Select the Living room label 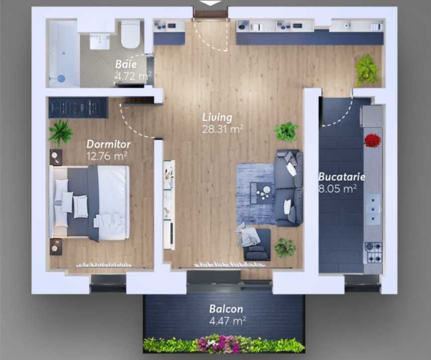coord(217,118)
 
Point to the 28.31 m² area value coord(222,130)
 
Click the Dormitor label coord(108,144)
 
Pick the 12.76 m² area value coord(107,156)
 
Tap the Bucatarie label coord(342,177)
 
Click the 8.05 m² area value coord(337,189)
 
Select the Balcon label coord(226,308)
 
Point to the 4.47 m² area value coord(227,321)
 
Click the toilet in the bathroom coord(130,33)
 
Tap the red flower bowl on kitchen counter coord(372,141)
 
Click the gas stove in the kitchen coord(373,252)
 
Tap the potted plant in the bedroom coord(61,132)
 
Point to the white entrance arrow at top coord(211,2)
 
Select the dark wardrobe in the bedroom coord(78,108)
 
